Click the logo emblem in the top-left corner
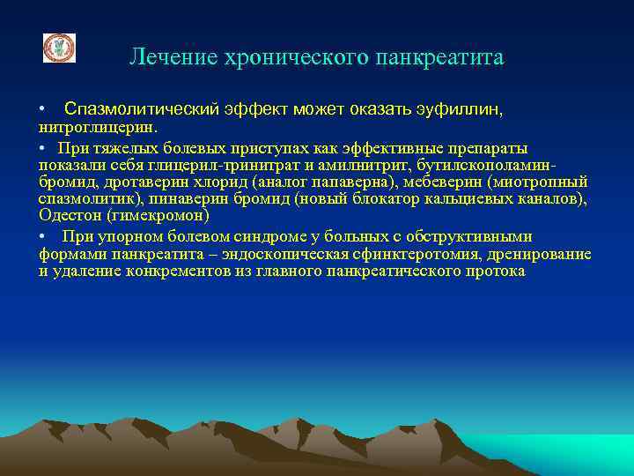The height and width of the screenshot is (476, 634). [x=60, y=48]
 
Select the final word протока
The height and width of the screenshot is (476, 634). [x=496, y=271]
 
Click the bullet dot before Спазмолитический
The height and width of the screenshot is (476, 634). [x=42, y=109]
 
